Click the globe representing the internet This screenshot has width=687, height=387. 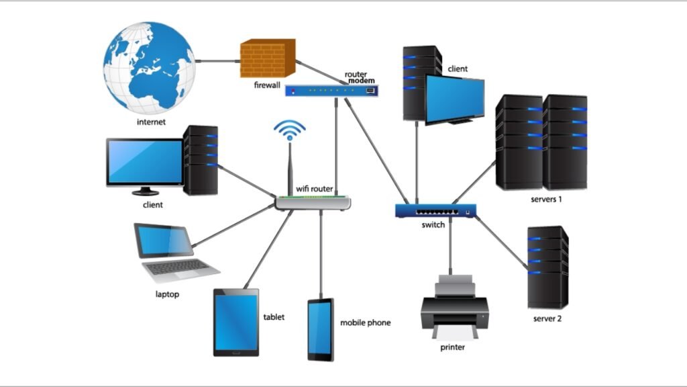tap(149, 67)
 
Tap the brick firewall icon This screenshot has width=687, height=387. tap(267, 58)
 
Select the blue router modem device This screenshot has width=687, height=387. tap(331, 90)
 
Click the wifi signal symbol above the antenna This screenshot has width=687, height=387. tap(290, 130)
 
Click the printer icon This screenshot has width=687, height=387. tap(454, 309)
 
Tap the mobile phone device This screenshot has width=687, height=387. tap(320, 329)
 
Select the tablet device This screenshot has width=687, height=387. tap(236, 322)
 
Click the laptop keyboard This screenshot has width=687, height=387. tap(177, 267)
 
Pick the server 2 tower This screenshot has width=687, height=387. tap(547, 267)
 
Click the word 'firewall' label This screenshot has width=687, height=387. tap(268, 85)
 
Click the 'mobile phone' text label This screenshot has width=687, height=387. tap(365, 322)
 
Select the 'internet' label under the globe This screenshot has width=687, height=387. tap(151, 122)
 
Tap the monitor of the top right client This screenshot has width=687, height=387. tap(454, 98)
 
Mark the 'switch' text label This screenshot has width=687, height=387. tap(433, 225)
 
